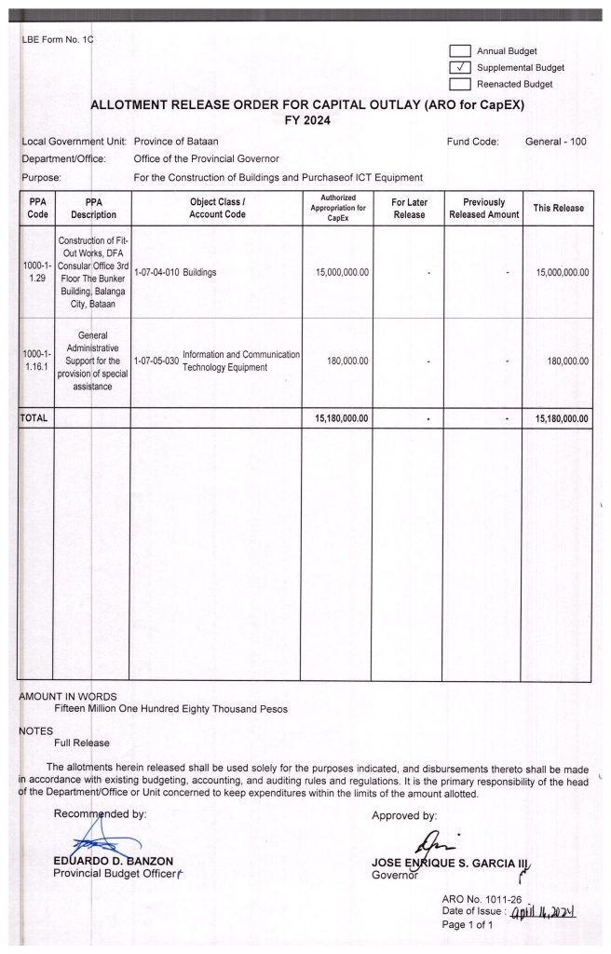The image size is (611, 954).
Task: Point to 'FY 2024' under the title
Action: tap(306, 121)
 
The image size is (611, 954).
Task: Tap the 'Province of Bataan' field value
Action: tap(176, 142)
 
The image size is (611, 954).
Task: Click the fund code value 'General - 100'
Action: tap(556, 142)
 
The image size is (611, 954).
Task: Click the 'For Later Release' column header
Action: tap(408, 208)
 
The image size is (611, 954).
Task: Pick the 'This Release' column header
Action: tap(557, 208)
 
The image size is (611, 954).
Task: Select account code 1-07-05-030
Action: tap(156, 361)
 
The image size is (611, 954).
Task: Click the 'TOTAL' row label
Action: tap(34, 419)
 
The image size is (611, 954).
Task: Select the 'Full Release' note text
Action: tap(82, 743)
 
